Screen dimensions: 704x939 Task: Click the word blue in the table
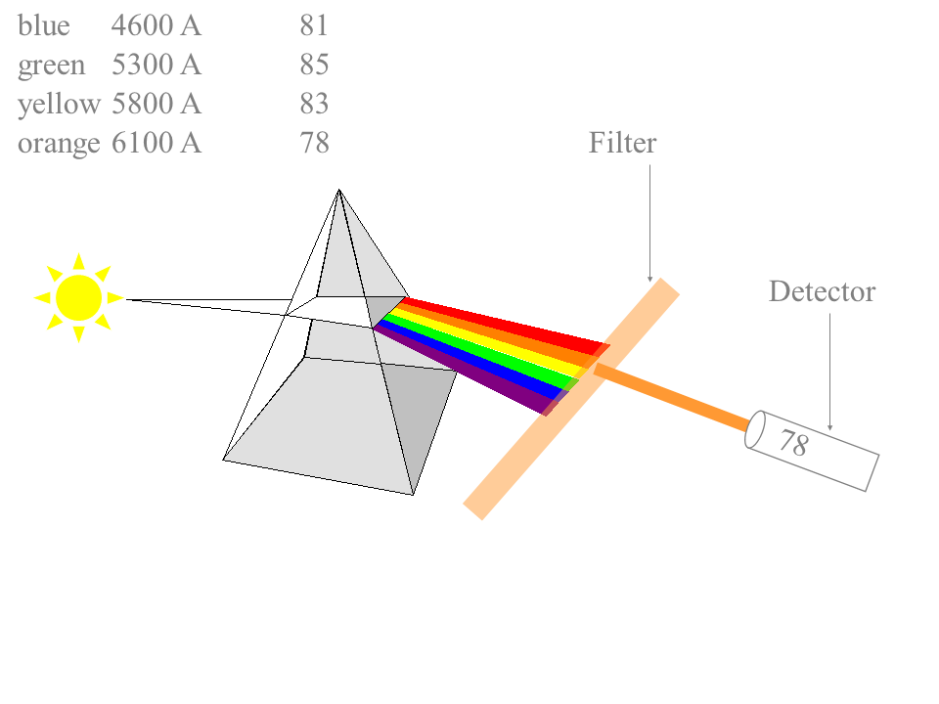pyautogui.click(x=44, y=26)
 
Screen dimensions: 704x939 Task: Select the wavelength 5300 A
pyautogui.click(x=156, y=66)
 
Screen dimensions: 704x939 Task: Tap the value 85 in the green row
pyautogui.click(x=314, y=66)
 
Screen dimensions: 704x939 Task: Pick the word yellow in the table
pyautogui.click(x=59, y=105)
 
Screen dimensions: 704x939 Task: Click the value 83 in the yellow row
pyautogui.click(x=314, y=105)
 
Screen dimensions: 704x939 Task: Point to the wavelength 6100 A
pyautogui.click(x=156, y=144)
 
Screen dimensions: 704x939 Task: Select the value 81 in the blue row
pyautogui.click(x=314, y=26)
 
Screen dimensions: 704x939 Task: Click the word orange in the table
pyautogui.click(x=59, y=144)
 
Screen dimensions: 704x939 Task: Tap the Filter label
pyautogui.click(x=622, y=144)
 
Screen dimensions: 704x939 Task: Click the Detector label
pyautogui.click(x=822, y=291)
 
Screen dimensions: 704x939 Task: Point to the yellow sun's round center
pyautogui.click(x=78, y=297)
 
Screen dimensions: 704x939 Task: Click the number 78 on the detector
pyautogui.click(x=793, y=444)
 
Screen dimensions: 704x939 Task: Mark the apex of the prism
pyautogui.click(x=338, y=190)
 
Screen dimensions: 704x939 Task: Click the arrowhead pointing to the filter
pyautogui.click(x=649, y=280)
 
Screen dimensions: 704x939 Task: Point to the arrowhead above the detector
pyautogui.click(x=830, y=427)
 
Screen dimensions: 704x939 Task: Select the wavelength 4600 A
pyautogui.click(x=156, y=26)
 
